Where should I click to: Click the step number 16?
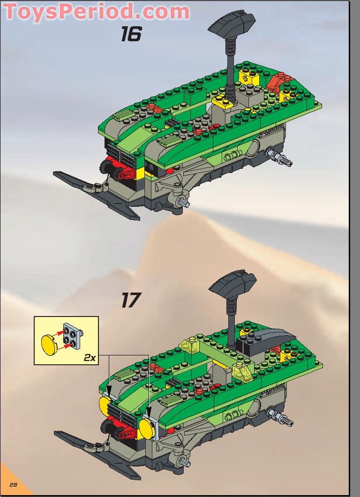pyautogui.click(x=131, y=34)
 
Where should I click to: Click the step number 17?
pyautogui.click(x=131, y=300)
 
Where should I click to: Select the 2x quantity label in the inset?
pyautogui.click(x=90, y=357)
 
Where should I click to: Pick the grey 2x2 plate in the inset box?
pyautogui.click(x=74, y=335)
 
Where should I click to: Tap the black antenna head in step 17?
pyautogui.click(x=233, y=286)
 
